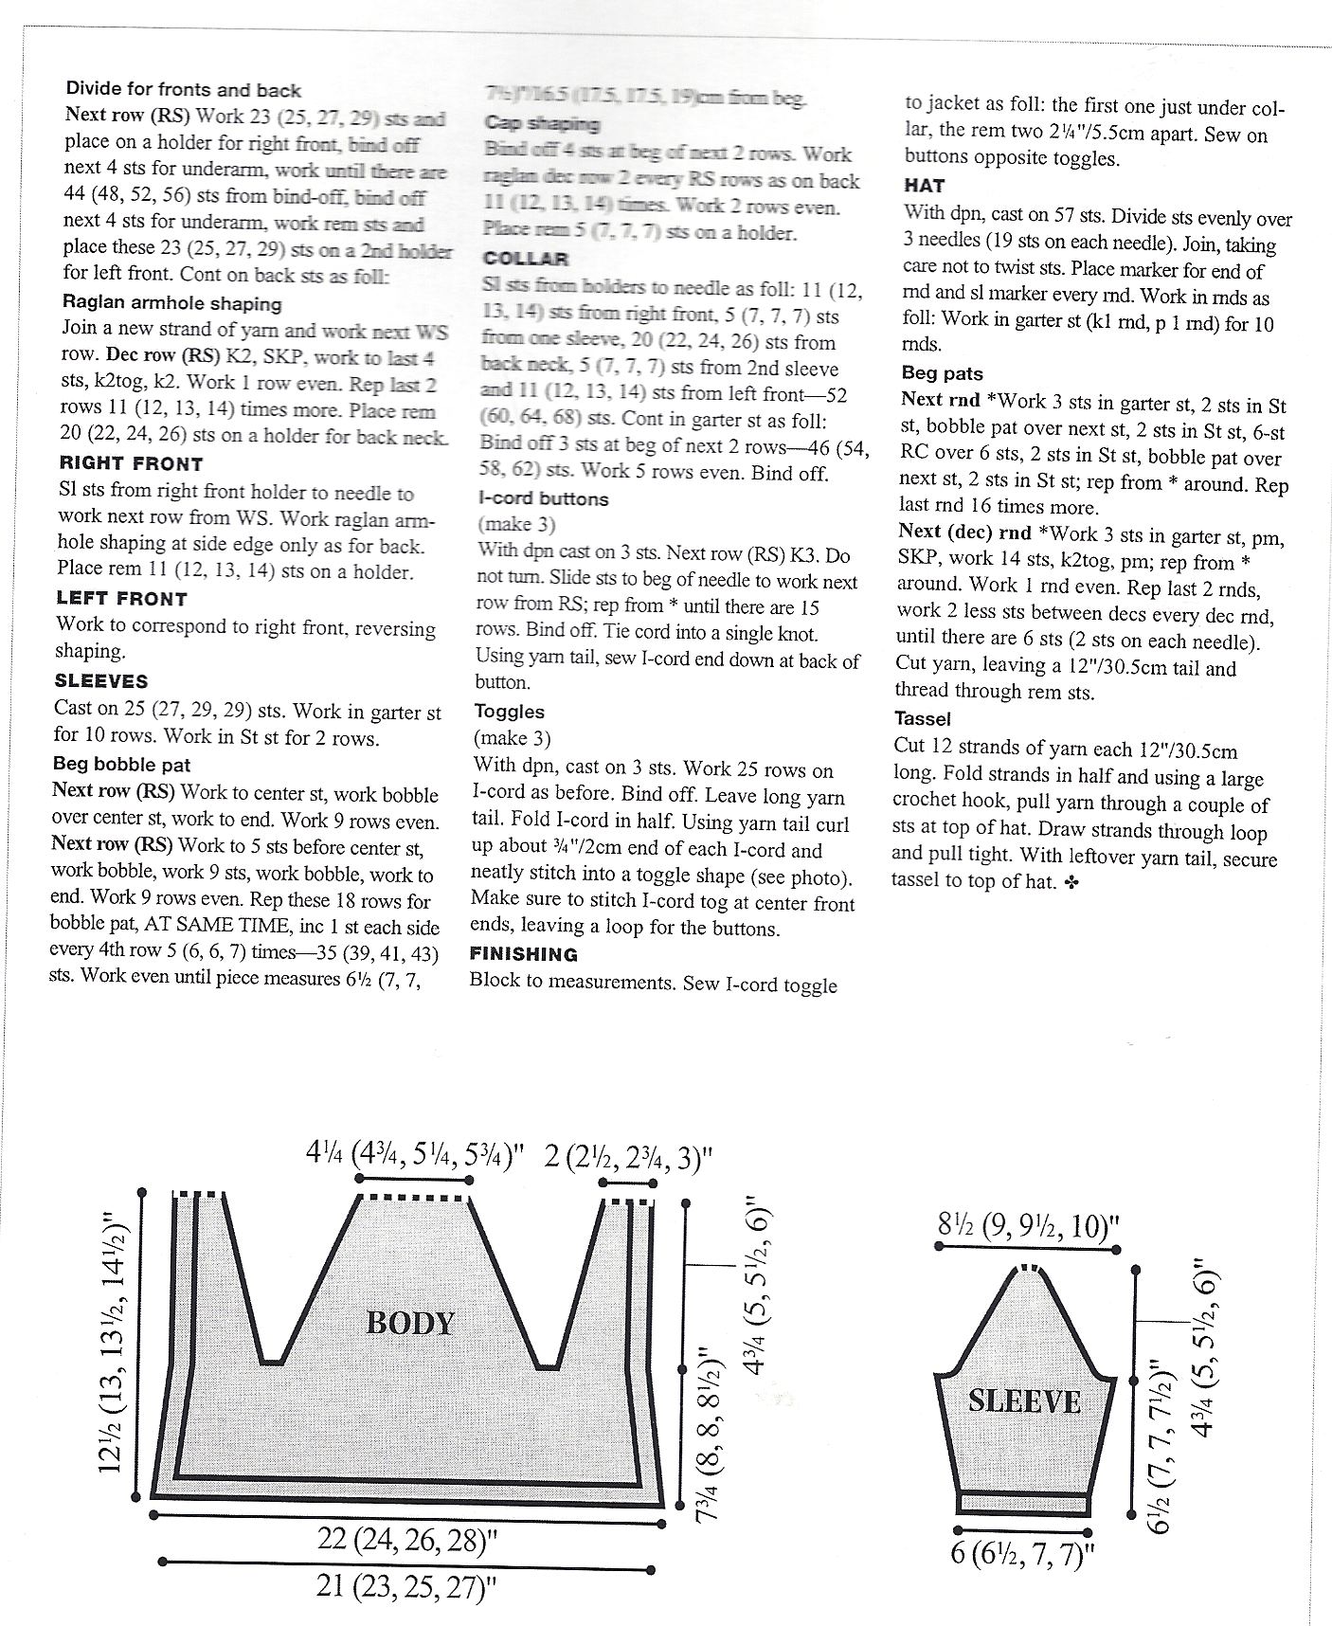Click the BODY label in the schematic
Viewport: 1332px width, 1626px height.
[x=410, y=1323]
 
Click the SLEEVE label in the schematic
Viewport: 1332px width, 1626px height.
[x=1024, y=1401]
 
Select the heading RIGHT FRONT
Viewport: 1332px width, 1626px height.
[x=131, y=464]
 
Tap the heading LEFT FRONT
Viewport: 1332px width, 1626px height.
[x=122, y=599]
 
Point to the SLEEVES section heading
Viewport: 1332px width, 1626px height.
[x=101, y=681]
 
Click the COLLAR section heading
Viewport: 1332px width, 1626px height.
[x=526, y=259]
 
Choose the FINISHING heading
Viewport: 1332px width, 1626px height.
[x=524, y=954]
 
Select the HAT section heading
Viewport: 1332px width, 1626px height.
[x=925, y=186]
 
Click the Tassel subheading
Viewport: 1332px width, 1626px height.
[x=923, y=719]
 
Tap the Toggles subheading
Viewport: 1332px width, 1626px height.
[x=510, y=712]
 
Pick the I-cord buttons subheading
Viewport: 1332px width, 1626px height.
[x=544, y=499]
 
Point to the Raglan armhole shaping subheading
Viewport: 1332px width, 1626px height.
[x=172, y=304]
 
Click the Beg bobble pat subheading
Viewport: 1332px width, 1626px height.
[x=121, y=765]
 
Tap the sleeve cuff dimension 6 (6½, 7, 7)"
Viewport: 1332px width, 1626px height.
[x=1023, y=1555]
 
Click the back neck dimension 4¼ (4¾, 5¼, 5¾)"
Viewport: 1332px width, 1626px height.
[x=414, y=1155]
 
